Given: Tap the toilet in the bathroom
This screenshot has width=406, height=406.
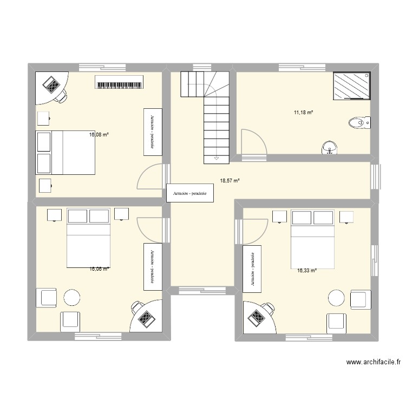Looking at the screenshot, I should [x=359, y=123].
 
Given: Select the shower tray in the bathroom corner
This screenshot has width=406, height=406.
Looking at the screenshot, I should [x=352, y=87].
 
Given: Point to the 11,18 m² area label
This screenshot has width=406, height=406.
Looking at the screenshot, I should [x=304, y=113].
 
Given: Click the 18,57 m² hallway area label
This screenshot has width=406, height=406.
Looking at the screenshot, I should [x=230, y=182].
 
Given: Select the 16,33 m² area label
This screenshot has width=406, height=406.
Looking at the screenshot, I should [x=306, y=272].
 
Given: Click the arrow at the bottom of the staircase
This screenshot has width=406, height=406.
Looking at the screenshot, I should [x=217, y=158].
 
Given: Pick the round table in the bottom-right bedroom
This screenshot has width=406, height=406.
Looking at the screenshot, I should [x=337, y=298].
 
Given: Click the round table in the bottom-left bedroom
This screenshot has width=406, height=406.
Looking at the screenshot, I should [x=71, y=298].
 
